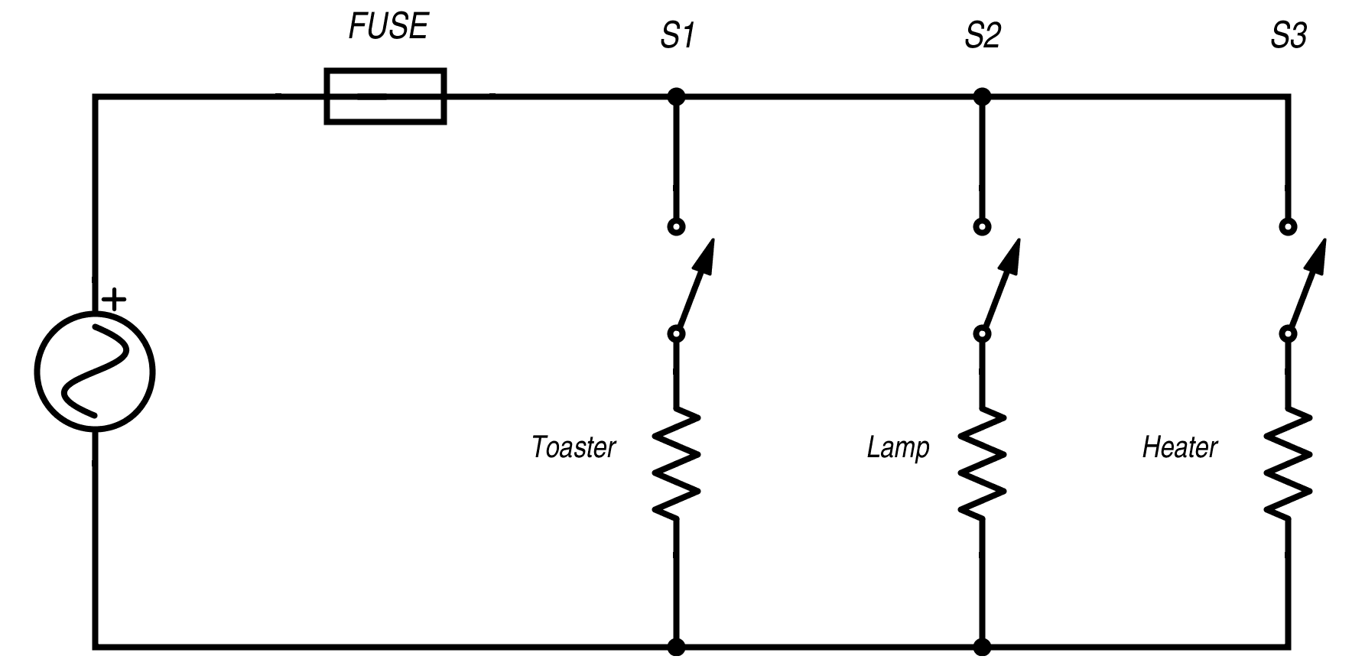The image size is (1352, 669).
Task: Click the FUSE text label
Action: pos(388,28)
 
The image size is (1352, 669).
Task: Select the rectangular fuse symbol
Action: pos(385,96)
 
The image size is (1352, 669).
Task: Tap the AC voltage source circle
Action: pos(95,373)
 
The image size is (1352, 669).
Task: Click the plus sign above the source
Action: pos(114,299)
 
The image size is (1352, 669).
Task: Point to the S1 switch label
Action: pos(677,36)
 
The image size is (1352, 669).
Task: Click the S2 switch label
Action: pos(982,36)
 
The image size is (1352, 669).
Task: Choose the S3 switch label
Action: pos(1289,36)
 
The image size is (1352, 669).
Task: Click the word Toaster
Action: pos(574,447)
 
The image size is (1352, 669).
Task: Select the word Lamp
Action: pos(898,447)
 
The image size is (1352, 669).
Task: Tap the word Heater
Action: pos(1179,447)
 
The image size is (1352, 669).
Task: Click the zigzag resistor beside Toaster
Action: pos(676,463)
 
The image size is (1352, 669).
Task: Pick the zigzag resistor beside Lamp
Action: pos(983,463)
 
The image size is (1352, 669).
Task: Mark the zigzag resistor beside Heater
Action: pos(1289,463)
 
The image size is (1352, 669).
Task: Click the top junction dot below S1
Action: pos(676,96)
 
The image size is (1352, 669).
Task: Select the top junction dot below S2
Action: pos(983,96)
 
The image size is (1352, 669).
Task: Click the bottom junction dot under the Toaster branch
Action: pos(676,647)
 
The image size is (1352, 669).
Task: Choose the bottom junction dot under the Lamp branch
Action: pos(983,647)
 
